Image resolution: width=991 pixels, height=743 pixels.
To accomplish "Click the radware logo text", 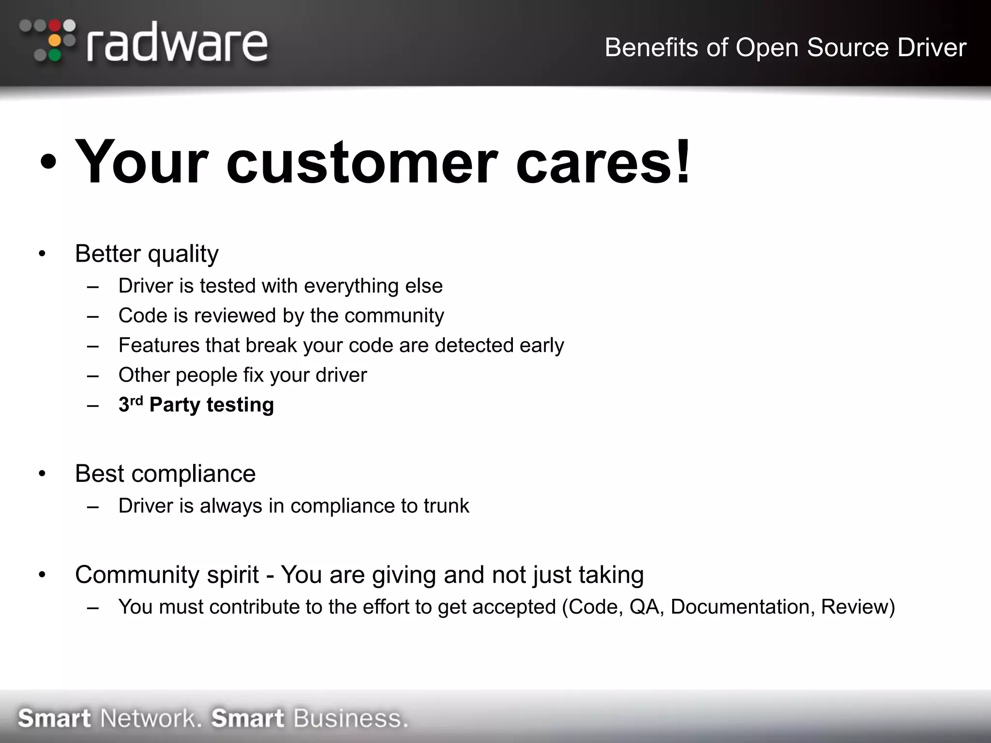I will (177, 44).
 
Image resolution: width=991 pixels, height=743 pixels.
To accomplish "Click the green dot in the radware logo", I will (56, 55).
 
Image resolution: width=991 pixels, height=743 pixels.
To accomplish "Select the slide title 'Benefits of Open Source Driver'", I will (785, 47).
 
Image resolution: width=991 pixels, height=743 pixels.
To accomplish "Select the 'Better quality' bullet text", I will (147, 253).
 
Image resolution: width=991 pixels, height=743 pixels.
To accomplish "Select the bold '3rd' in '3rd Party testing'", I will (130, 404).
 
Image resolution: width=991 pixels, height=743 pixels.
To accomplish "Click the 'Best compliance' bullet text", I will (165, 473).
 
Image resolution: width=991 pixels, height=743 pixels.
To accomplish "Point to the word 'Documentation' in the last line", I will (739, 607).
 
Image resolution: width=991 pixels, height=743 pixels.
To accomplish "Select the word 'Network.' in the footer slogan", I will (150, 718).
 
